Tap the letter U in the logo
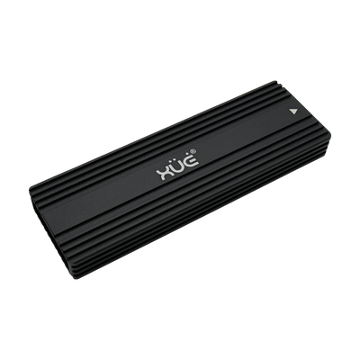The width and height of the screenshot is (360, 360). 173,165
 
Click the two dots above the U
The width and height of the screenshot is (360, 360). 173,157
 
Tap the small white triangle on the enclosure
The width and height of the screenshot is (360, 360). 294,112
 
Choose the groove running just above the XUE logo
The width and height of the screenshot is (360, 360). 171,144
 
